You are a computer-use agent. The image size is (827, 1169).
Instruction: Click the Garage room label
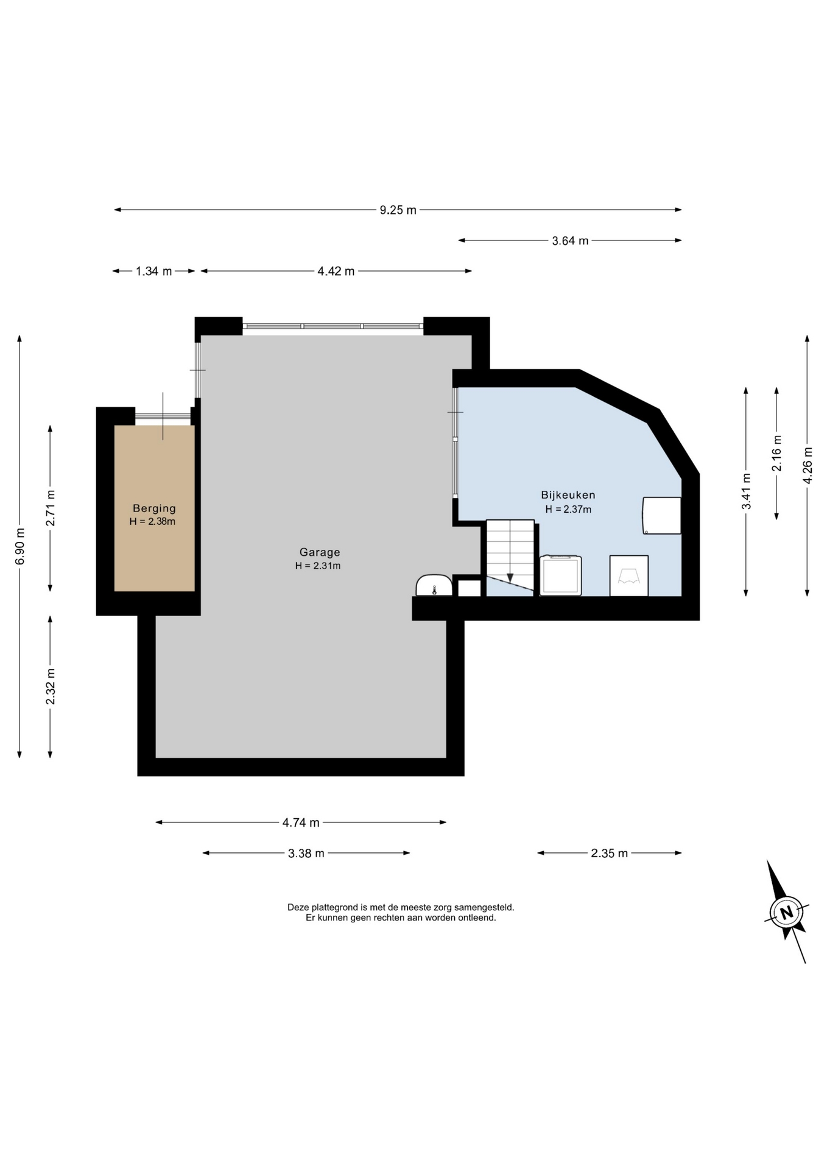click(x=320, y=552)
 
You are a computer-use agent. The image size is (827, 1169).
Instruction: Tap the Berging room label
click(x=154, y=508)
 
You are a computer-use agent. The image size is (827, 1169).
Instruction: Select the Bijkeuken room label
click(x=568, y=495)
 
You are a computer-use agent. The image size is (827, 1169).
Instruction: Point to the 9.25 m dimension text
click(x=398, y=210)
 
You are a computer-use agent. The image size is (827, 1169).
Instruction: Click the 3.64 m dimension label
click(x=570, y=240)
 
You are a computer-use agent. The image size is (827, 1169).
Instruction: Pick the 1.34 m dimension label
click(x=153, y=271)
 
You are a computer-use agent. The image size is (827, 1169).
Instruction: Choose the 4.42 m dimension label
click(x=336, y=271)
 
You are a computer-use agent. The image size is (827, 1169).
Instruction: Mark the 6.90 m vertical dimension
click(x=20, y=547)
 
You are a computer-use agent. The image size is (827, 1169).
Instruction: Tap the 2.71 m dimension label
click(x=51, y=508)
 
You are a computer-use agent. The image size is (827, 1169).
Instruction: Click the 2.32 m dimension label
click(x=51, y=686)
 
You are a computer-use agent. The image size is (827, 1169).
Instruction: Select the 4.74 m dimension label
click(x=301, y=823)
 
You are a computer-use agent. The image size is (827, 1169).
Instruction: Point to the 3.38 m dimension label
click(x=306, y=853)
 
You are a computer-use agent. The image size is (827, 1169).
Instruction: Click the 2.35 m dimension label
click(x=609, y=853)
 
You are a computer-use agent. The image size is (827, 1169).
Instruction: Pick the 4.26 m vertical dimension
click(x=808, y=466)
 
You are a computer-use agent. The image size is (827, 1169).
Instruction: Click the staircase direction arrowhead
click(x=510, y=578)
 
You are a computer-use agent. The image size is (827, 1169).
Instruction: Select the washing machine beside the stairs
click(x=560, y=575)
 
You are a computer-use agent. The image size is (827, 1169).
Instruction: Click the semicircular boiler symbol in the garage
click(x=434, y=585)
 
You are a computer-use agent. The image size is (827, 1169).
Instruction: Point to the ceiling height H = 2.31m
click(x=318, y=566)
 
